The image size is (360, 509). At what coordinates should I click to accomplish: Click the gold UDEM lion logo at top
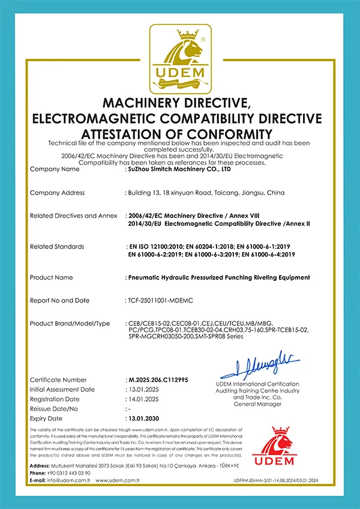[180, 57]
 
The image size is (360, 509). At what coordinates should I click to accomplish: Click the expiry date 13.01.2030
[146, 418]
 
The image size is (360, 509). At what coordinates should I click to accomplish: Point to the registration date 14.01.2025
[144, 399]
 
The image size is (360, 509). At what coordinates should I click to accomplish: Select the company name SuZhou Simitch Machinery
[180, 169]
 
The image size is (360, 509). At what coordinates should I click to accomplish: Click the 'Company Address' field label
[57, 193]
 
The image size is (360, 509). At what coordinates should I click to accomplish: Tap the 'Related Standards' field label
[57, 246]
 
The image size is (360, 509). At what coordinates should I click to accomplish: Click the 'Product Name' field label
[52, 277]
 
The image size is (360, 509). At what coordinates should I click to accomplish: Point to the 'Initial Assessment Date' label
[62, 390]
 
